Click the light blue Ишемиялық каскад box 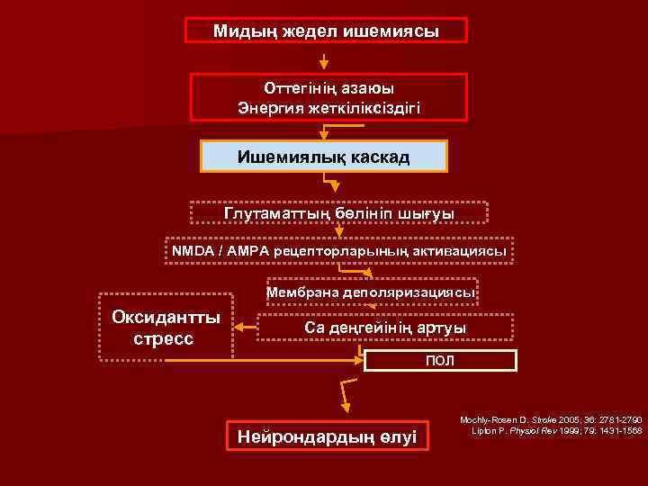(x=323, y=157)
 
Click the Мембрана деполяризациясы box (x=370, y=292)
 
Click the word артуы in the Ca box (x=441, y=328)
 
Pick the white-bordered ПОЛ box (x=440, y=361)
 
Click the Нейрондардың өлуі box (x=327, y=437)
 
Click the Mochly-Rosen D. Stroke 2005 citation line (x=550, y=420)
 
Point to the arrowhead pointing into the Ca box (x=249, y=328)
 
